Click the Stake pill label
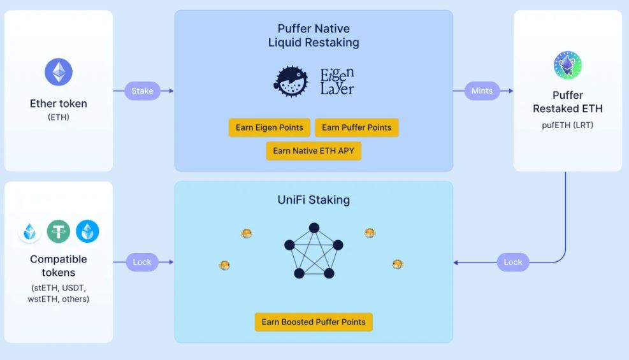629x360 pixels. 142,91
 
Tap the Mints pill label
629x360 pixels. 482,91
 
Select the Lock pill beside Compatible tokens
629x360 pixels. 142,262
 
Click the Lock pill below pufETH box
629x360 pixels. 513,262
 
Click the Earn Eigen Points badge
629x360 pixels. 270,127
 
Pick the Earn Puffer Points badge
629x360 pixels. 357,127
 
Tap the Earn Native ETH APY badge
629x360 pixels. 314,151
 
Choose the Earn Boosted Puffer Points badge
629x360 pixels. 314,322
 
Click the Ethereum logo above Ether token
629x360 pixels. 59,72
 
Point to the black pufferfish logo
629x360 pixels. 291,82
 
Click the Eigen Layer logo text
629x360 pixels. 337,82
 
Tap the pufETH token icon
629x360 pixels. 567,66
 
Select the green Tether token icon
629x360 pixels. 59,231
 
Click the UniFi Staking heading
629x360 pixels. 314,200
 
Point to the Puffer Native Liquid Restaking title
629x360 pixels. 314,36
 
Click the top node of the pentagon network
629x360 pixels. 314,228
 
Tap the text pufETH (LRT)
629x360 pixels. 567,125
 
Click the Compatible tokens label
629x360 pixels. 59,266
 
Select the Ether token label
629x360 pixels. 59,103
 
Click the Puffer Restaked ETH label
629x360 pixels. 567,102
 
